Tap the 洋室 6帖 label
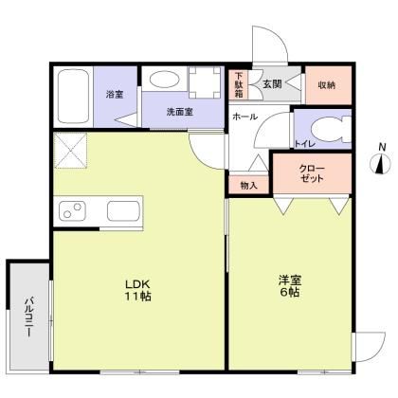[x=289, y=286]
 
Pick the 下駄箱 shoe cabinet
[x=240, y=85]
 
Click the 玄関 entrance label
[x=272, y=84]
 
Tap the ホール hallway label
[x=244, y=115]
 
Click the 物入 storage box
[x=248, y=185]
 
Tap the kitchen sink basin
[x=124, y=210]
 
